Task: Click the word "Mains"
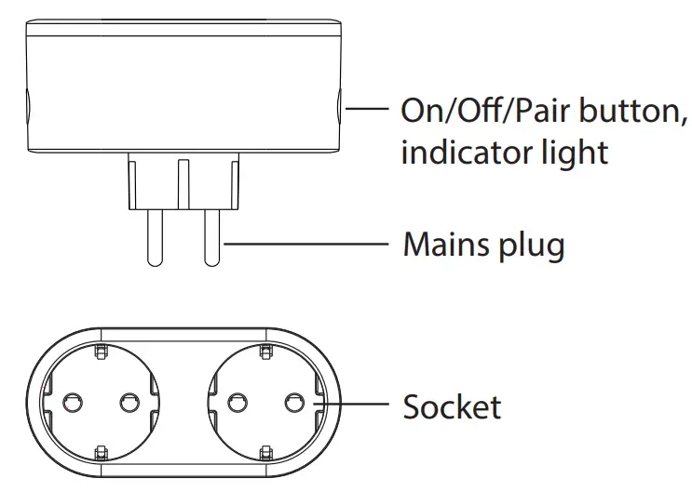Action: point(444,246)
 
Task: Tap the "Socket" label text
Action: point(452,406)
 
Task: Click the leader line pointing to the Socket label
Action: point(364,405)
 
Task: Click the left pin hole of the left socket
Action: point(69,403)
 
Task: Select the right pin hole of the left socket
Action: point(129,403)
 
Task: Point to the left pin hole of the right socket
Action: point(235,403)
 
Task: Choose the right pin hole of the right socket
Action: point(294,403)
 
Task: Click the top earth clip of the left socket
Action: point(99,351)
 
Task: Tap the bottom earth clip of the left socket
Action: point(99,454)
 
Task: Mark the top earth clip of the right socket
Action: point(265,351)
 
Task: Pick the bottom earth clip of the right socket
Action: point(265,454)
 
